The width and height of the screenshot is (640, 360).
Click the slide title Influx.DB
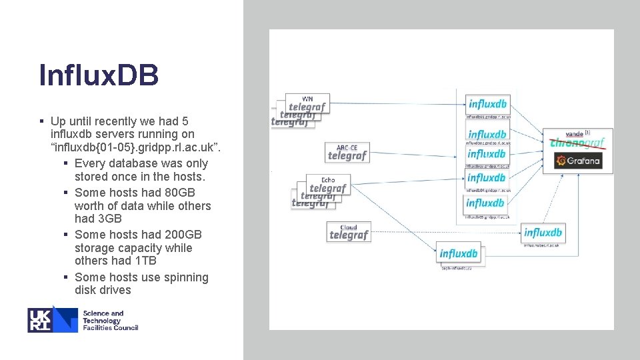(99, 75)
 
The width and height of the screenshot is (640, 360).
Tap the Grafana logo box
(578, 161)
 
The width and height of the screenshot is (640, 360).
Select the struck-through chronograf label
(577, 143)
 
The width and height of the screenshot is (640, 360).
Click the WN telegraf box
(307, 103)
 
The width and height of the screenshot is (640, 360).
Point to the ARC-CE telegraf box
(347, 153)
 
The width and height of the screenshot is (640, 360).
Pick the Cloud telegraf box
(349, 232)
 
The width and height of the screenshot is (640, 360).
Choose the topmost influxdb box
(487, 104)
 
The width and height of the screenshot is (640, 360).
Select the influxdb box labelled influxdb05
(485, 203)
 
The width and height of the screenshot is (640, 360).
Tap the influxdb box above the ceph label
(459, 254)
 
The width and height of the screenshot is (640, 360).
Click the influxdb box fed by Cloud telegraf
(543, 233)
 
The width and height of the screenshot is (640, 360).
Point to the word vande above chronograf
(574, 134)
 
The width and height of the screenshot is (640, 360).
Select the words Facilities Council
(110, 327)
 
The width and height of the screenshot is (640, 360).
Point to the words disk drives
(103, 290)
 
